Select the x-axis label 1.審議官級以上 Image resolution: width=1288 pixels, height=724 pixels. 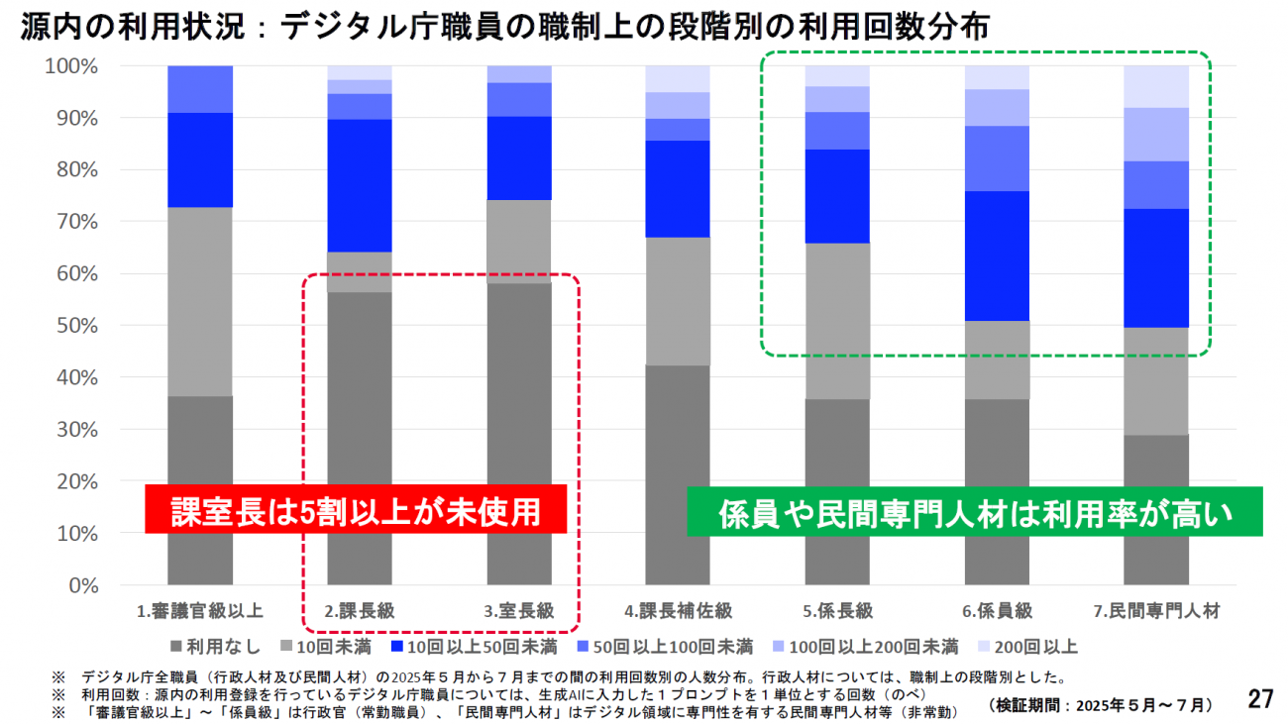coord(199,612)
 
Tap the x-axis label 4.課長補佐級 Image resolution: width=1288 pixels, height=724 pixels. coord(678,612)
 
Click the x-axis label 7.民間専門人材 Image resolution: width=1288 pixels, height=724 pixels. coord(1156,612)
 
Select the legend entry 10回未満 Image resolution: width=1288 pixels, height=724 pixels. coord(327,648)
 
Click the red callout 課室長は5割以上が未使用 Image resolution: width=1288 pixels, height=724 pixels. coord(356,510)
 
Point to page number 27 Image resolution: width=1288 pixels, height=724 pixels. coord(1259,699)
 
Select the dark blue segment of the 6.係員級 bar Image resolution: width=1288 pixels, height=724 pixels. coord(997,256)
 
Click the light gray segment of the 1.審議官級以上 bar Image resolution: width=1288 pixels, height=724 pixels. coord(200,302)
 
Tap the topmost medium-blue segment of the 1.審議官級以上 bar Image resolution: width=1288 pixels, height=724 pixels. coord(200,89)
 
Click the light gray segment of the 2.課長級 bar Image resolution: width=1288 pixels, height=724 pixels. coord(360,272)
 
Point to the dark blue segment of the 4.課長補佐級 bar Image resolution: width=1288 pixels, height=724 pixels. coord(678,188)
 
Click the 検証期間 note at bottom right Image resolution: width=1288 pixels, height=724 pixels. coord(1101,705)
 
